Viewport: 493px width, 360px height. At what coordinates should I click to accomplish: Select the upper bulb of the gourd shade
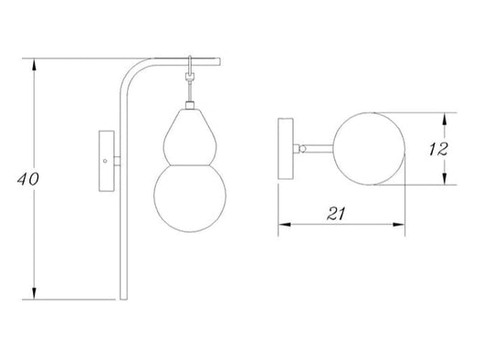pyautogui.click(x=188, y=133)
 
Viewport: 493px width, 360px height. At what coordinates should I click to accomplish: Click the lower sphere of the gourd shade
pyautogui.click(x=188, y=196)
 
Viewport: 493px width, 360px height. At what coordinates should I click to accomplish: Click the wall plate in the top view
pyautogui.click(x=287, y=149)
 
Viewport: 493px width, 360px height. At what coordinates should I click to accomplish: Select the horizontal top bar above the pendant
pyautogui.click(x=187, y=61)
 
